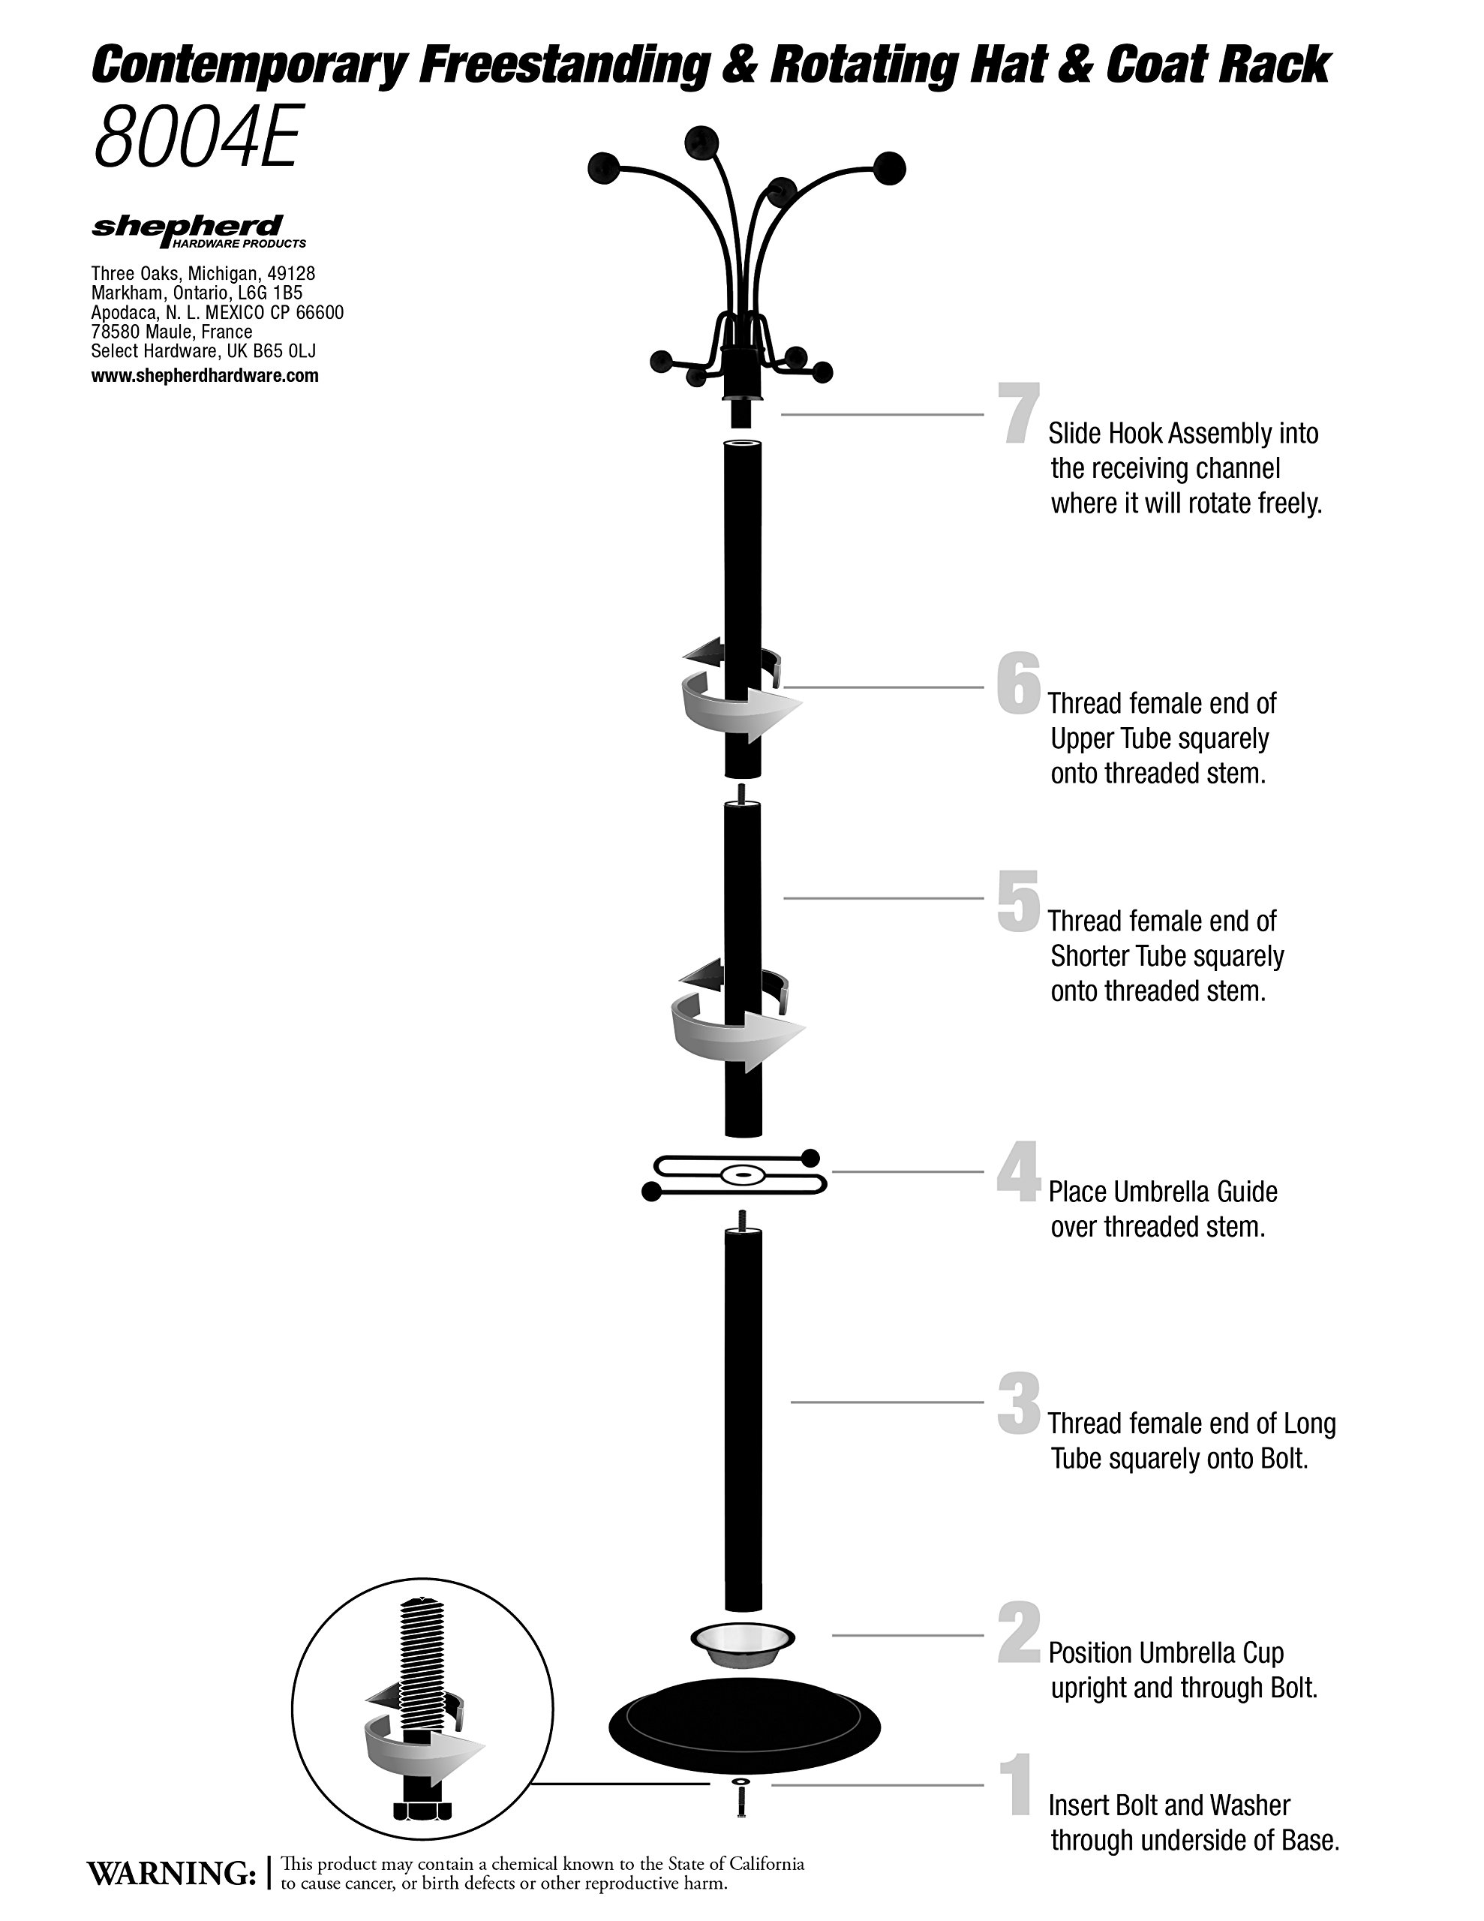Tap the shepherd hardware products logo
(198, 231)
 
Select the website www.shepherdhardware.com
(205, 376)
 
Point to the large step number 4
(1019, 1171)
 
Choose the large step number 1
(1019, 1784)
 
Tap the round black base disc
(744, 1727)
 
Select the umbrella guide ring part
(737, 1174)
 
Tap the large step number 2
(1019, 1634)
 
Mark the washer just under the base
(740, 1782)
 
